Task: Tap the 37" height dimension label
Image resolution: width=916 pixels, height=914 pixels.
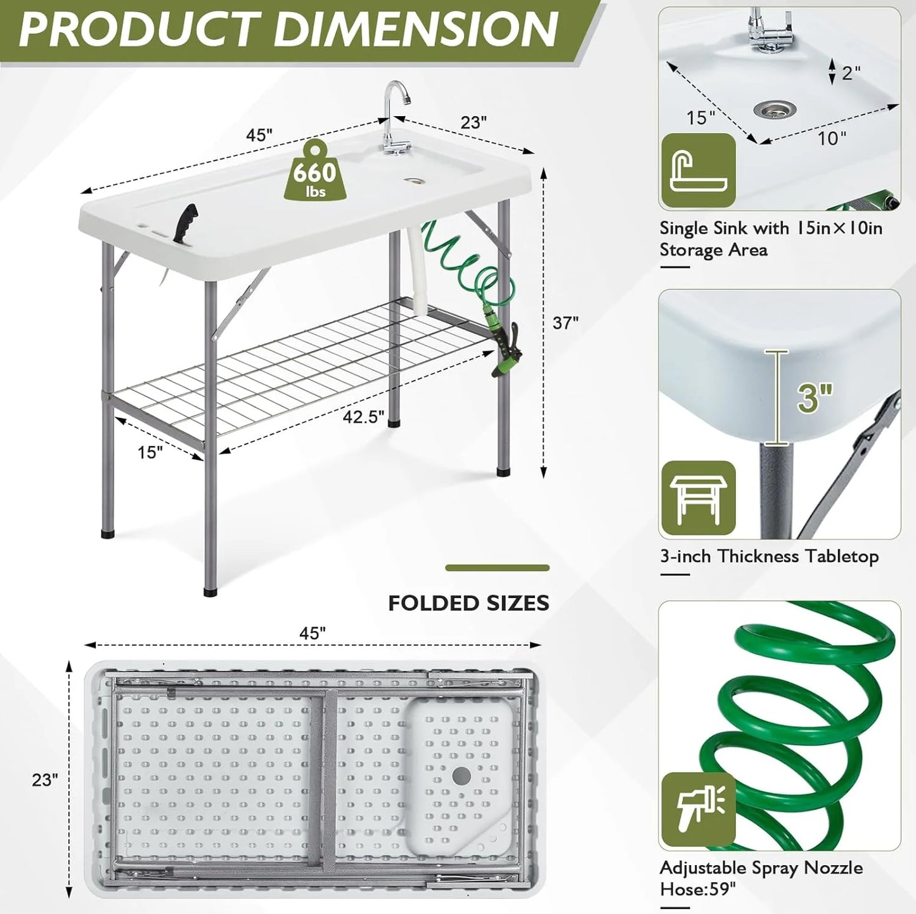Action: [565, 323]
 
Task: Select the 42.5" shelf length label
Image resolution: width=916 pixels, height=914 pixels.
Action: [363, 417]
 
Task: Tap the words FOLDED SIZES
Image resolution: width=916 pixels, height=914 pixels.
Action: [468, 603]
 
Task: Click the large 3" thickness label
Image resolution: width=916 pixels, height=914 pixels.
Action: [815, 397]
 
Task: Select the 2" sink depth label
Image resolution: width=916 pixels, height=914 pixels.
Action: [851, 73]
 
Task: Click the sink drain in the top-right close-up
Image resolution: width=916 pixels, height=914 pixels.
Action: [775, 110]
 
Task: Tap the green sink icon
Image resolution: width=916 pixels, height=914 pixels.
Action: [699, 171]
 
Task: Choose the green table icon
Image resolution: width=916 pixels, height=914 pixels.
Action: [698, 499]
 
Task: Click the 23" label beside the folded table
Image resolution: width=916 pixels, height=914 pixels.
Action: [45, 779]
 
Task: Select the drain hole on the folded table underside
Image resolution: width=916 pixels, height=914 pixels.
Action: [461, 774]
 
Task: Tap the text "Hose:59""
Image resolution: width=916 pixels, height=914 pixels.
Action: [698, 889]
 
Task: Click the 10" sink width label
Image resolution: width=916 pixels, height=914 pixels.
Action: [832, 138]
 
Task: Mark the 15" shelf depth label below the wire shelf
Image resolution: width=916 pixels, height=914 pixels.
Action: [150, 452]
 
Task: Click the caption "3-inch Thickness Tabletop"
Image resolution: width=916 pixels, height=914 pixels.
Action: [769, 556]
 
